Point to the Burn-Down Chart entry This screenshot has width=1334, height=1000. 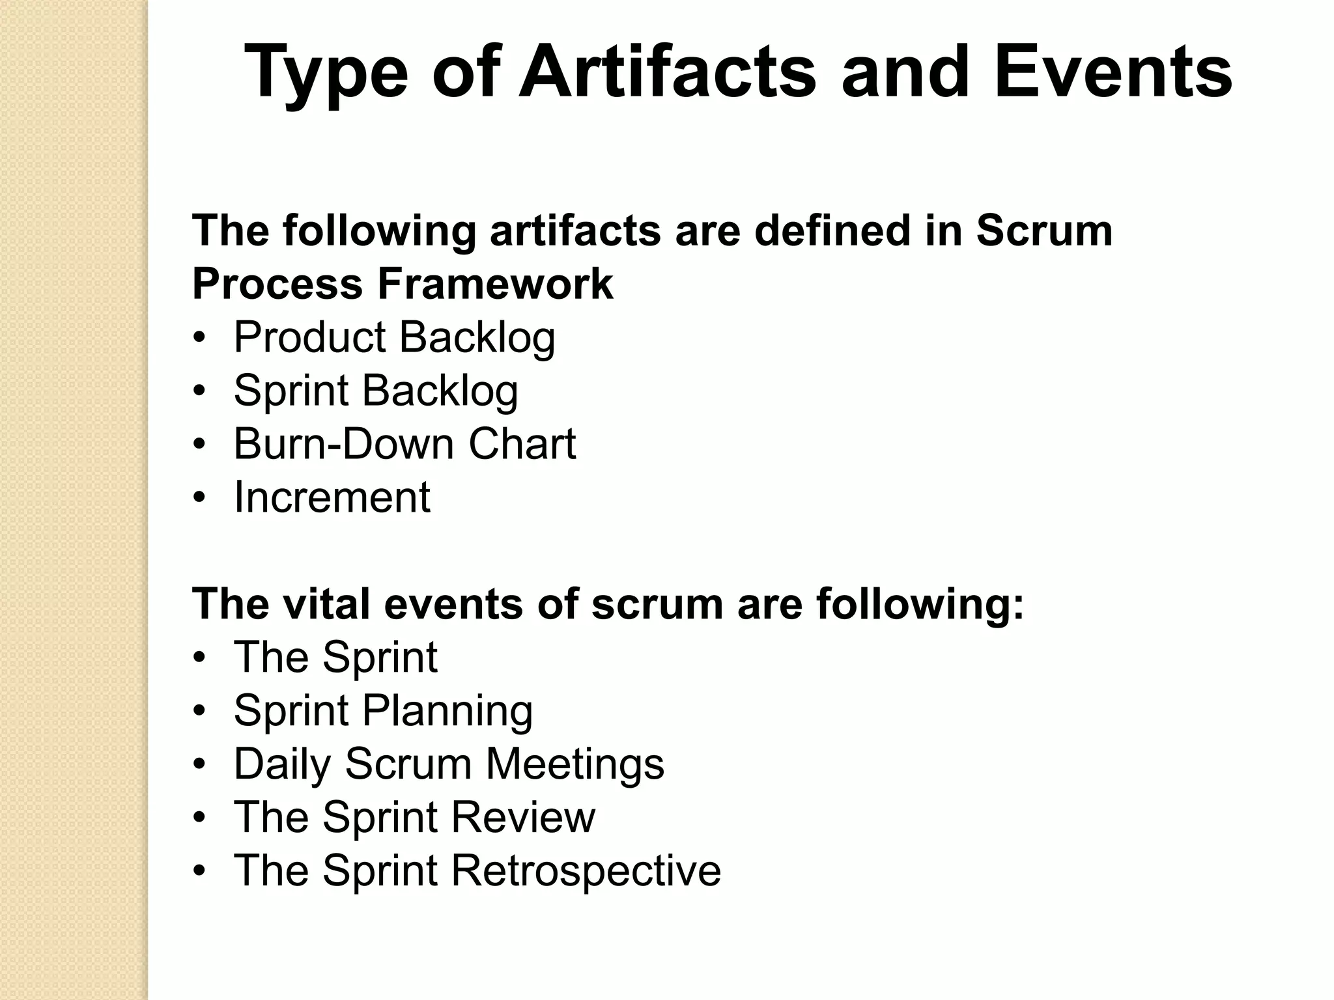tap(404, 444)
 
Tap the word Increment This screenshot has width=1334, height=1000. tap(332, 497)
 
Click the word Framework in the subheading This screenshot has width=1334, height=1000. tap(495, 284)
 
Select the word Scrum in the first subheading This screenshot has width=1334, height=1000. tap(1044, 230)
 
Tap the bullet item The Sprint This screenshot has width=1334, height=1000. tap(335, 657)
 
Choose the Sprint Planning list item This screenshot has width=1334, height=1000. tap(383, 711)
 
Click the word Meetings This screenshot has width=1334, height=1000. tap(575, 764)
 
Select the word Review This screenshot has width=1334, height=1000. tap(522, 817)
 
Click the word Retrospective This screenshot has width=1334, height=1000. tap(586, 871)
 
